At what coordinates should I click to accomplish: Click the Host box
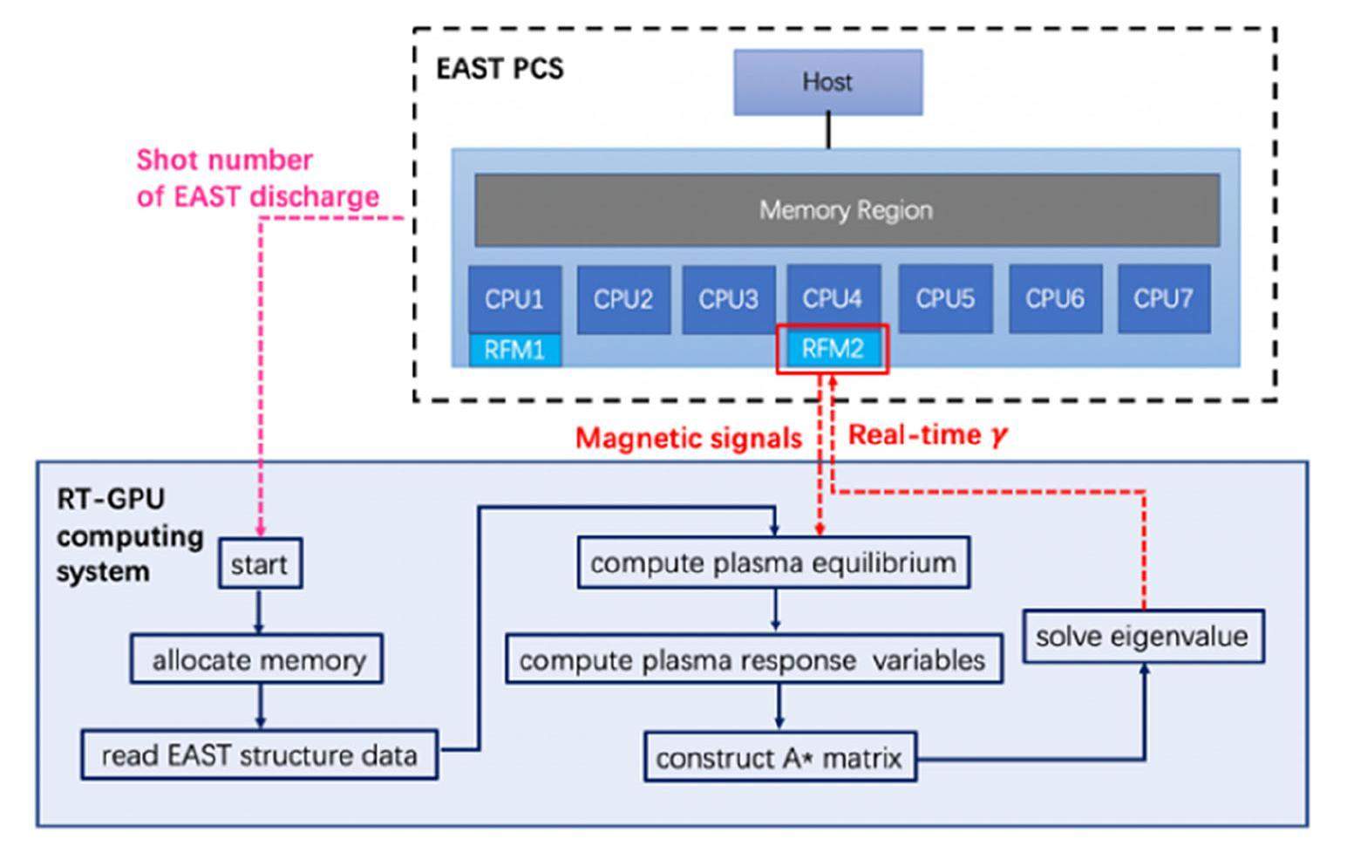pos(827,82)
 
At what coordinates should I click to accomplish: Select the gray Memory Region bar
pos(846,210)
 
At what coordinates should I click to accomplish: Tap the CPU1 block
pos(514,299)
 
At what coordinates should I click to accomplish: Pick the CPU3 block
pos(728,299)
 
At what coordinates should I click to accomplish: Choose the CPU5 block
pos(945,299)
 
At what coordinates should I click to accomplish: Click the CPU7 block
pos(1163,299)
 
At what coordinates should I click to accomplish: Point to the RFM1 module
pos(514,351)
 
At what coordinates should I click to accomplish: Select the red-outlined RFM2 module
pos(833,350)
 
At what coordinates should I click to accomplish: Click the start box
pos(259,564)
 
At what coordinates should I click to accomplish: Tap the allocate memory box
pos(257,659)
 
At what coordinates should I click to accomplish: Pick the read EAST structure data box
pos(259,755)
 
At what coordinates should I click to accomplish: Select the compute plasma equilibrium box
pos(773,563)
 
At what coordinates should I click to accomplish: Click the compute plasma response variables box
pos(753,660)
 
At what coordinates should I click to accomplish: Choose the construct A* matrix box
pos(779,757)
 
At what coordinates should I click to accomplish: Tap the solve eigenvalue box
pos(1142,636)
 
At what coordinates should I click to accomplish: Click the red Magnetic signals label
pos(688,438)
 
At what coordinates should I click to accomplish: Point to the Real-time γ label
pos(927,434)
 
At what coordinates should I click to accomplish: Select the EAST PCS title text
pos(500,68)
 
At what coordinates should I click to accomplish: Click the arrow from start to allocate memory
pos(258,611)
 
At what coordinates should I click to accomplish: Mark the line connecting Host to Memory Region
pos(828,132)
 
